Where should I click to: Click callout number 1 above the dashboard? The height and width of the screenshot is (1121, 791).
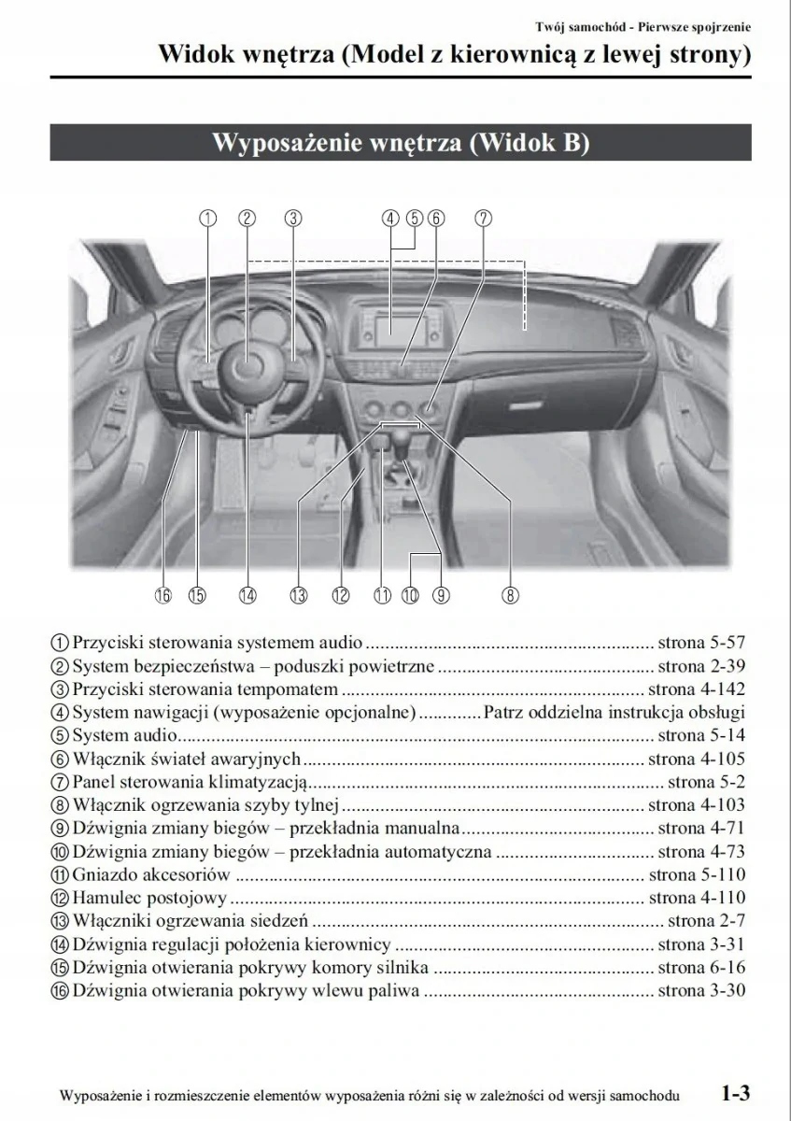click(208, 219)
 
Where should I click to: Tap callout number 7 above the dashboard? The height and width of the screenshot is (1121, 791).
click(483, 219)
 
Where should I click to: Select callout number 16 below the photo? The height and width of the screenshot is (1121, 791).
click(163, 595)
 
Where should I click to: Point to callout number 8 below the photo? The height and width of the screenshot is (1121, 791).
click(510, 595)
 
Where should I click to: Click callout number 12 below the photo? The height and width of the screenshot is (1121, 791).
click(340, 595)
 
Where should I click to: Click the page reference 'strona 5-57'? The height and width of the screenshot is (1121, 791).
click(701, 643)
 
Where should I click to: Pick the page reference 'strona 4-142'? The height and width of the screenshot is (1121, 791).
click(697, 689)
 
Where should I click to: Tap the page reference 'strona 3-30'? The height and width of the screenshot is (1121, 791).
click(701, 991)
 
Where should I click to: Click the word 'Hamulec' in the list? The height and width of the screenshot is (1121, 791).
click(103, 899)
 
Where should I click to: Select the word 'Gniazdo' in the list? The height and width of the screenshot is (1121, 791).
click(101, 875)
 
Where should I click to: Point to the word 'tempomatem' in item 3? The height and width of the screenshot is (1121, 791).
click(293, 689)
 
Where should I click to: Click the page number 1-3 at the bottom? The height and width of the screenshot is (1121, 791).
click(735, 1093)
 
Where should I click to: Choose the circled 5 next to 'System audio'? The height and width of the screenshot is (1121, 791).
click(60, 736)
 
